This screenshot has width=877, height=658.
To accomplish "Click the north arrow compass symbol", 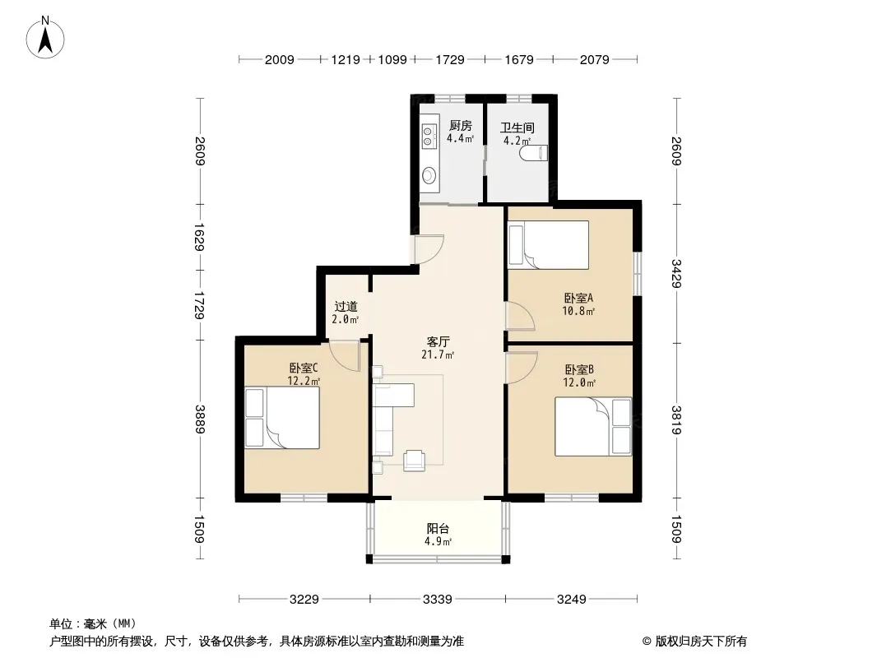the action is (45, 37).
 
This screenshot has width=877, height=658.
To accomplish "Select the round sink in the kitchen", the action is (429, 175).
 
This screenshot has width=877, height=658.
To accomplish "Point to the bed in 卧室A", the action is (548, 244).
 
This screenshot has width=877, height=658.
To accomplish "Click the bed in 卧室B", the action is (593, 426).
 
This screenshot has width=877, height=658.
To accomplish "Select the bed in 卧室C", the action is (282, 418).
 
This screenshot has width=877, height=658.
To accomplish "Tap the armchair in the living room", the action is (414, 460).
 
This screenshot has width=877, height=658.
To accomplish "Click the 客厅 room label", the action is (438, 341).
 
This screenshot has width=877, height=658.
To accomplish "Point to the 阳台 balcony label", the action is (438, 528).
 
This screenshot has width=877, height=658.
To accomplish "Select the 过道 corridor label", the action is (346, 306).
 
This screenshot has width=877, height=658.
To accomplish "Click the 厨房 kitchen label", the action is (461, 126).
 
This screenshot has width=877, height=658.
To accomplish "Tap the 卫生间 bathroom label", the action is (517, 127).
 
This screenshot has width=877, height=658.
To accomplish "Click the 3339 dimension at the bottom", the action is (438, 600).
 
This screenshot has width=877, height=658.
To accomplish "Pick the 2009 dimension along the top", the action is (279, 59).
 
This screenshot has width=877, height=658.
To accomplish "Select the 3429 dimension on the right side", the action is (676, 273).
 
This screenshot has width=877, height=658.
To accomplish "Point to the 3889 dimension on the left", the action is (200, 419).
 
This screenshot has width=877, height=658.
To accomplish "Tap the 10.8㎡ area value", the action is (578, 311).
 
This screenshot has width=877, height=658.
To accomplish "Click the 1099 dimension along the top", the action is (392, 59).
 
